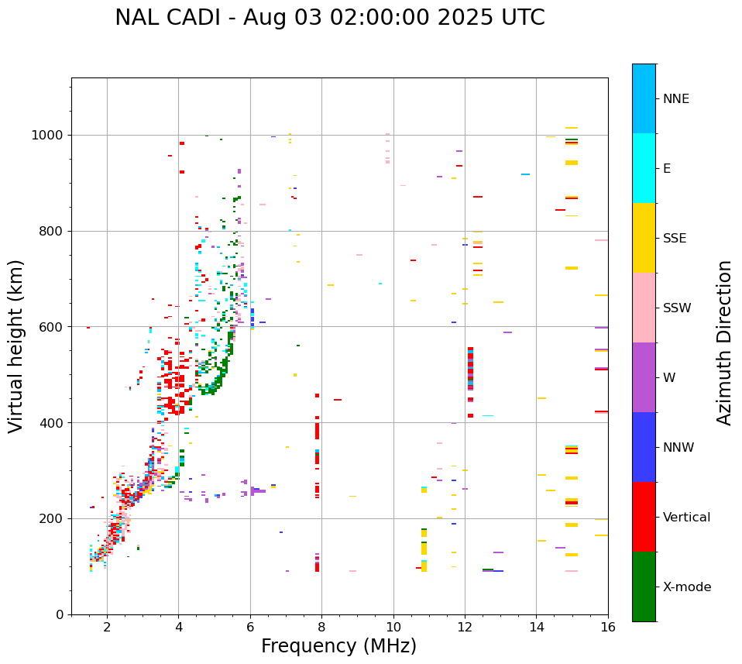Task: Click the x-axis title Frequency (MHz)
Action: coord(338,646)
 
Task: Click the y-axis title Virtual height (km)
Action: coord(16,346)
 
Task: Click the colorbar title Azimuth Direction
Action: coord(724,342)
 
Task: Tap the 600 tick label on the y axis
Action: coord(51,327)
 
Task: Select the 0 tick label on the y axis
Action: coord(59,614)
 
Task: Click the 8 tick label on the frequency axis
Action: coord(322,628)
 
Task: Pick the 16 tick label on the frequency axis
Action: coord(608,628)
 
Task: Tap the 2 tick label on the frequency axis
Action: coord(107,628)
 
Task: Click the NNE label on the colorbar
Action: coord(676,99)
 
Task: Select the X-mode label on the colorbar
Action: coord(687,587)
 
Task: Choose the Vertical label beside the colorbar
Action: coord(686,518)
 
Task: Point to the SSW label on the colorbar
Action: coord(677,308)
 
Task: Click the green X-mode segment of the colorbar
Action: coord(644,587)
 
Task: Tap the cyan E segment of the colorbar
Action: coord(644,168)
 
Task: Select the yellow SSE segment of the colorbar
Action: coord(644,238)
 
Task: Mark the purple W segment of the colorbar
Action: coord(644,377)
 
